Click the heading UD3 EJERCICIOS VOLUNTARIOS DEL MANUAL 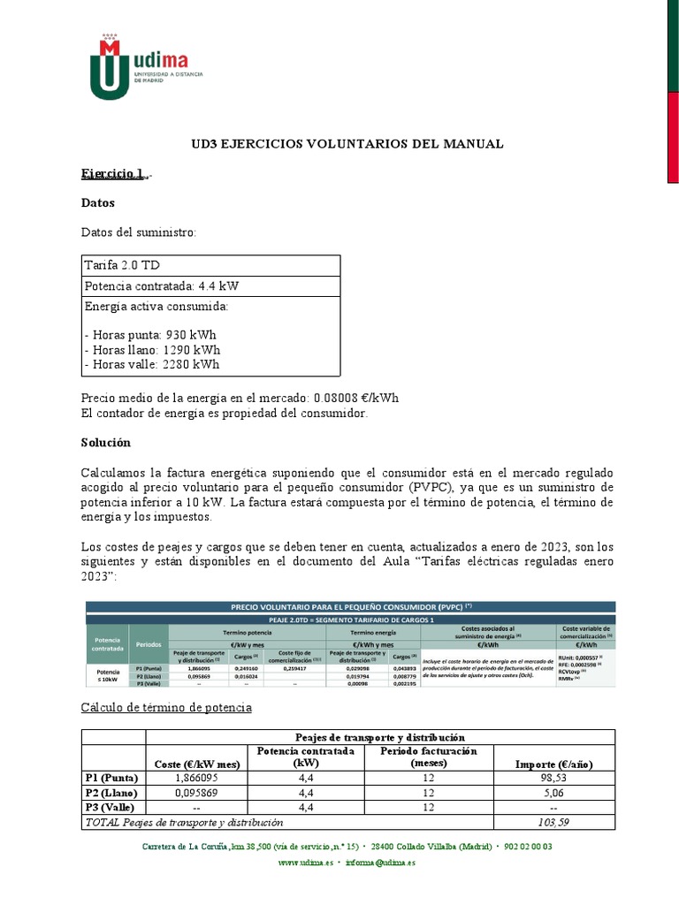(x=347, y=144)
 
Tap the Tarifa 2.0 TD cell (x=122, y=265)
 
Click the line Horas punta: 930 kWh (x=149, y=335)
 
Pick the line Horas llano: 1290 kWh (x=150, y=350)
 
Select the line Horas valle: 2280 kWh (x=151, y=364)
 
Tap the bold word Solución (x=105, y=441)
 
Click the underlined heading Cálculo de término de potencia (x=166, y=707)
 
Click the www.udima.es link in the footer (x=306, y=863)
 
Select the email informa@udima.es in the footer (x=380, y=863)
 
